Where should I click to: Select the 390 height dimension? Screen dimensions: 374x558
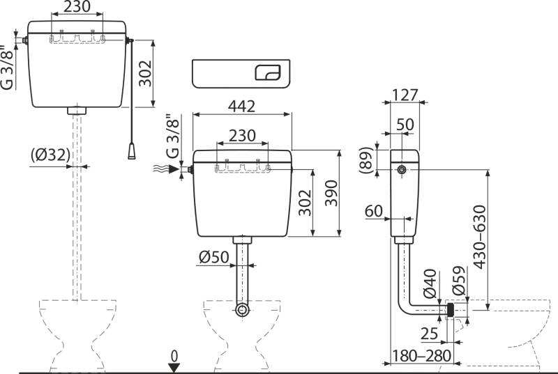331,192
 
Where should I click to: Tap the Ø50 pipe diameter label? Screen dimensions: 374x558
213,257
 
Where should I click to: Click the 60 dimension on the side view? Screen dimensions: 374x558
374,210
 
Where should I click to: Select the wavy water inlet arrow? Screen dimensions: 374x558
162,169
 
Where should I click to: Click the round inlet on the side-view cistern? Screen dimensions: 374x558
402,170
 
